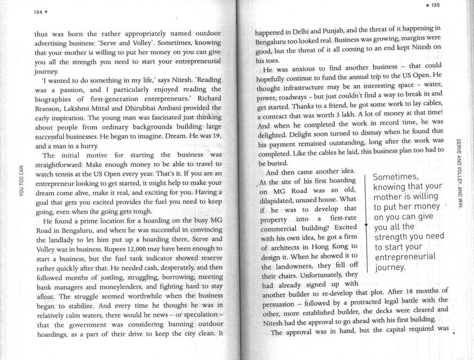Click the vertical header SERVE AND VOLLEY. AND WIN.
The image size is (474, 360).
(x=458, y=171)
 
